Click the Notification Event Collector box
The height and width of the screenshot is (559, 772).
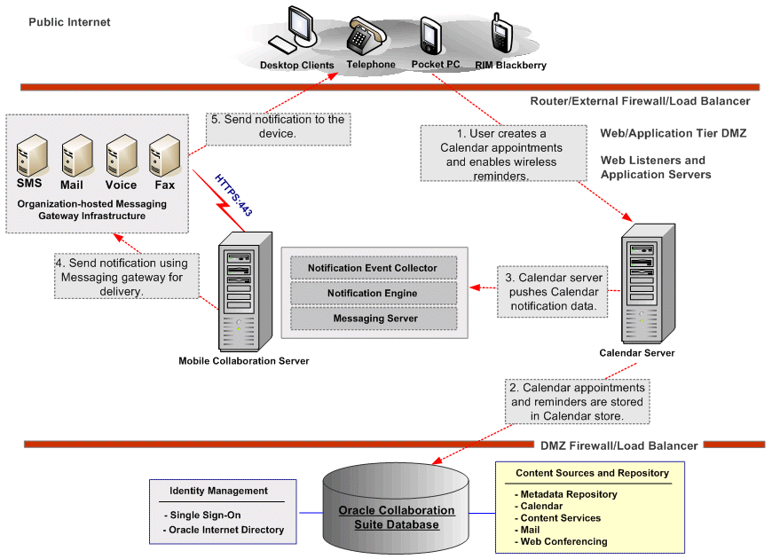[372, 268]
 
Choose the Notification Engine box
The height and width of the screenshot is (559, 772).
[372, 294]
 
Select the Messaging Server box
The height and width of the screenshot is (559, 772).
[372, 319]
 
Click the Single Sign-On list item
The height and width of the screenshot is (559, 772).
[202, 516]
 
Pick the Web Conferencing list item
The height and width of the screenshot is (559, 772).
[563, 541]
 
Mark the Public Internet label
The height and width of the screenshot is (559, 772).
[69, 22]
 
